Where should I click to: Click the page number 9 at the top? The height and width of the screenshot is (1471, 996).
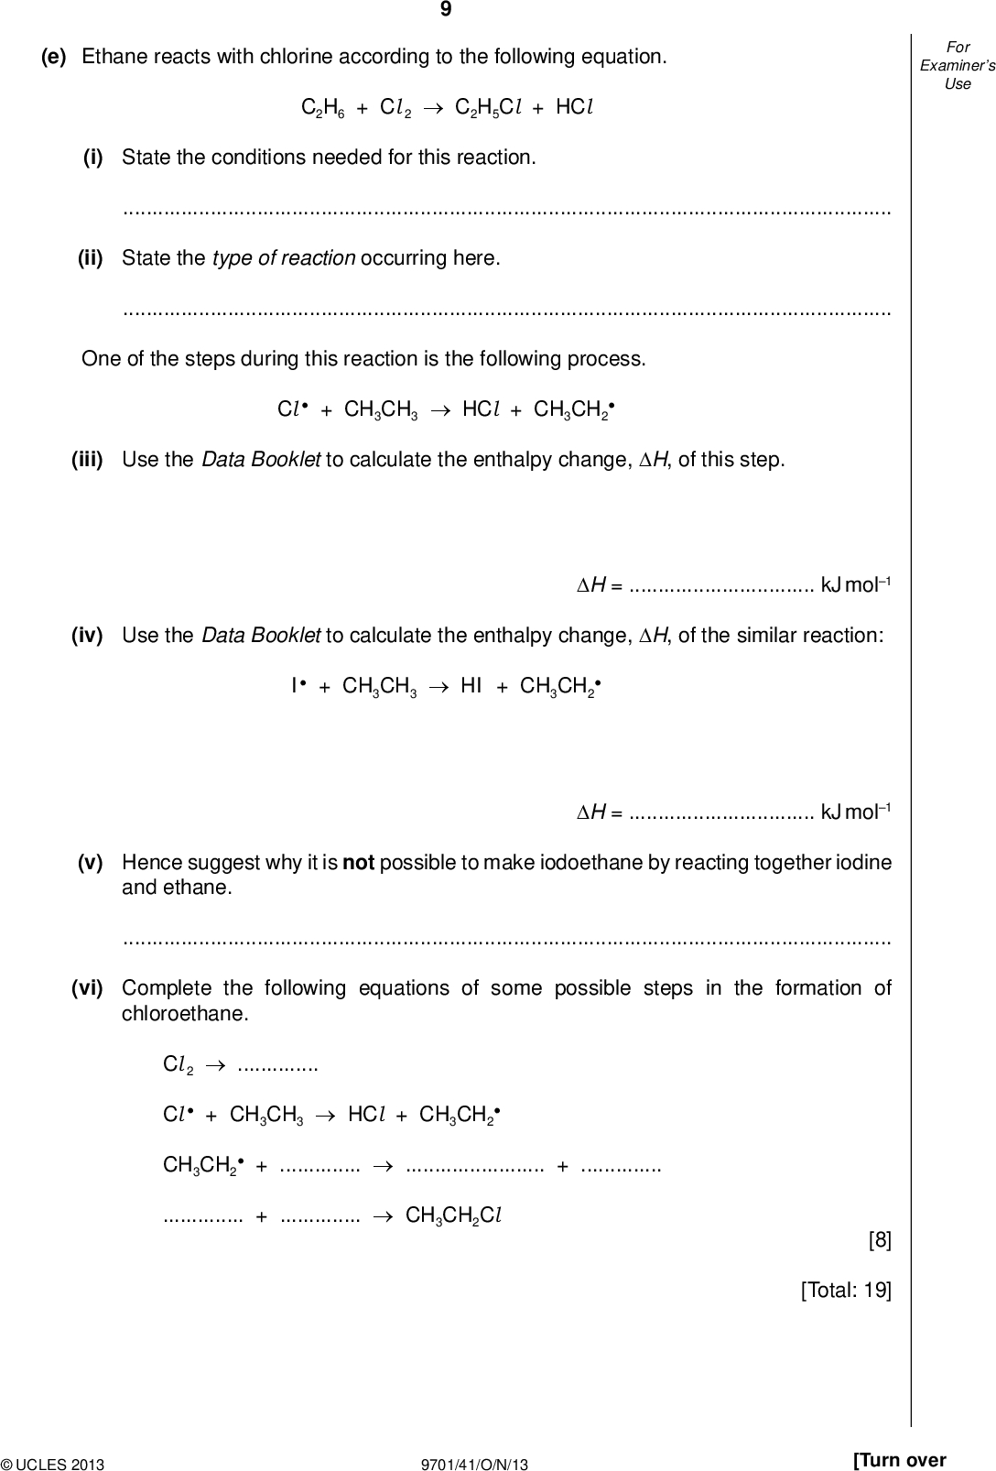click(x=446, y=10)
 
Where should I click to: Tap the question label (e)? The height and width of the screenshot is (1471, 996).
click(x=54, y=57)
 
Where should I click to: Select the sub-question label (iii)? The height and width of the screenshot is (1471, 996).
click(x=87, y=459)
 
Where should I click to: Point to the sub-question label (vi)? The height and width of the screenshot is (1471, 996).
click(x=87, y=988)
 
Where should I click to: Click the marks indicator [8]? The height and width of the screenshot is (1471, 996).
click(x=879, y=1240)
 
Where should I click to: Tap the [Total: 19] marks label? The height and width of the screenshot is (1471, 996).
click(x=845, y=1291)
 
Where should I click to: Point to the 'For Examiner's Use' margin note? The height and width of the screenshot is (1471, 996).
click(x=958, y=65)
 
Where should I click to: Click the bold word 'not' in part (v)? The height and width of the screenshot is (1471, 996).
click(x=358, y=863)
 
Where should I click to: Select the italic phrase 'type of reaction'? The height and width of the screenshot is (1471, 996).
click(x=284, y=258)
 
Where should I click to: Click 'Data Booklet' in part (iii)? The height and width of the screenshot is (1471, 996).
click(x=260, y=459)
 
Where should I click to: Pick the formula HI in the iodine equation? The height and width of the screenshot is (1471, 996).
click(x=471, y=686)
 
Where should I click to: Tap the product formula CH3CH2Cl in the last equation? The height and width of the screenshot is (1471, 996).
click(x=453, y=1216)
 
